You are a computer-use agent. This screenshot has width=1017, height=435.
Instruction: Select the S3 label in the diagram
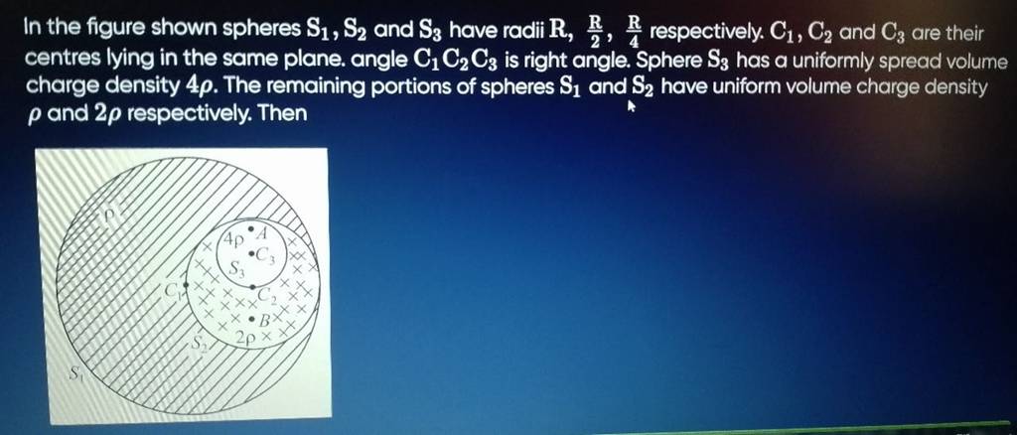pyautogui.click(x=237, y=268)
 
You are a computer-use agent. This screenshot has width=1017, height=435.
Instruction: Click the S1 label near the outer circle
pyautogui.click(x=76, y=376)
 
